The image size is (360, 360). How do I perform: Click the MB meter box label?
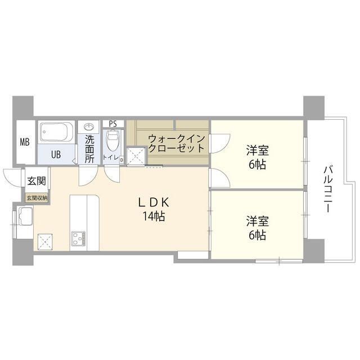[24, 142]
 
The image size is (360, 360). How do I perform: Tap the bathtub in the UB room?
[56, 133]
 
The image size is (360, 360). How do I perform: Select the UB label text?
[56, 154]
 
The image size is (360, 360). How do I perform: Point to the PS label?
[113, 123]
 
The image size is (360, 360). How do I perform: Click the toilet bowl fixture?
[114, 138]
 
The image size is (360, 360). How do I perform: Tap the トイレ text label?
[111, 158]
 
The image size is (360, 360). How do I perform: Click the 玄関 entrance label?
[36, 182]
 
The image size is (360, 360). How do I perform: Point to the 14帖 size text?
[152, 217]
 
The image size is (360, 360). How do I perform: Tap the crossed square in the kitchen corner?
[44, 241]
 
